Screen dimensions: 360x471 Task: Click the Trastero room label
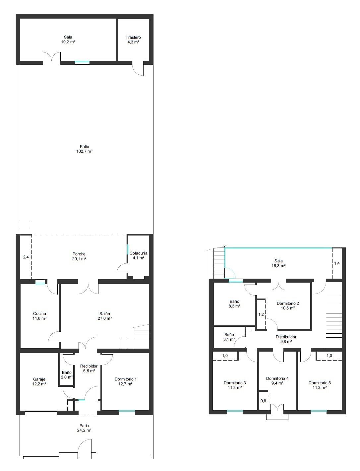[x=133, y=37]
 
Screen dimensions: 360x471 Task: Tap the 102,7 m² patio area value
[x=85, y=151]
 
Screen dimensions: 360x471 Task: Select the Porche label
[x=79, y=254]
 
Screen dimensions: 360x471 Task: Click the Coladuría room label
[x=139, y=253]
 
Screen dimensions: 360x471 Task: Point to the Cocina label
[x=39, y=314]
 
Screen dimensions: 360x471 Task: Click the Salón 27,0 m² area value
[x=105, y=318]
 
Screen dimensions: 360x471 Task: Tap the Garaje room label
[x=39, y=379]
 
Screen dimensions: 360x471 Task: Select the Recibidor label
[x=89, y=366]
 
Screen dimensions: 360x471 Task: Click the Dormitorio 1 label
[x=125, y=379]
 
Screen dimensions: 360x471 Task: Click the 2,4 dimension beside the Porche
[x=26, y=257]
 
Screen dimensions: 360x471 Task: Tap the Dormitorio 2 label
[x=288, y=303]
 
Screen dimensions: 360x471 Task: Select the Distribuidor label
[x=286, y=337]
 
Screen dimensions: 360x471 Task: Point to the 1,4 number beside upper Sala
[x=337, y=263]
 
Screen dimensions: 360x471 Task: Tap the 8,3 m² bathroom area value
[x=234, y=306]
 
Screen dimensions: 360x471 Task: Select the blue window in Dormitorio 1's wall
[x=127, y=412]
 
